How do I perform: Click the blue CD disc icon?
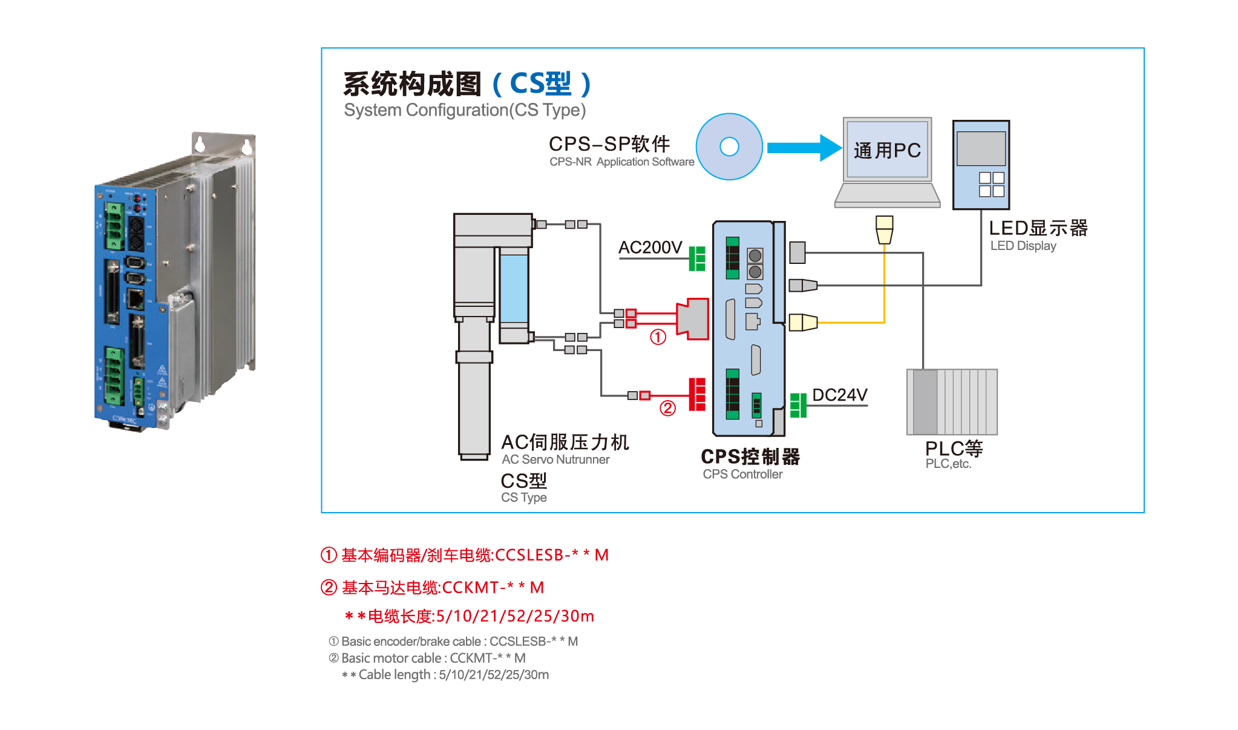click(x=729, y=146)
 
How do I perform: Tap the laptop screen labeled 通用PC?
click(x=887, y=150)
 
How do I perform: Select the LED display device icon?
click(x=981, y=165)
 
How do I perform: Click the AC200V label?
click(x=650, y=248)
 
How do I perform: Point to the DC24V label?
click(x=839, y=395)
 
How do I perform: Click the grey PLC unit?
click(x=952, y=402)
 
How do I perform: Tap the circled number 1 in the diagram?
click(x=658, y=337)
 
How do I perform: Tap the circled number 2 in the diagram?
click(x=667, y=409)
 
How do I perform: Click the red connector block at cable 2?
click(x=697, y=395)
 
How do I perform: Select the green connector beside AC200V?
click(x=697, y=258)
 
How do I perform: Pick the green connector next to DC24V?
click(x=798, y=405)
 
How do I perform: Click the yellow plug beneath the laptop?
click(x=884, y=229)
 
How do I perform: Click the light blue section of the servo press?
click(x=514, y=288)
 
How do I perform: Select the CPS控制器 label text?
click(x=750, y=457)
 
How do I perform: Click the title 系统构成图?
click(x=412, y=84)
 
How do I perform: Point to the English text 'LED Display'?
click(x=1023, y=246)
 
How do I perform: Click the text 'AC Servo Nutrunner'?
click(x=555, y=459)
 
